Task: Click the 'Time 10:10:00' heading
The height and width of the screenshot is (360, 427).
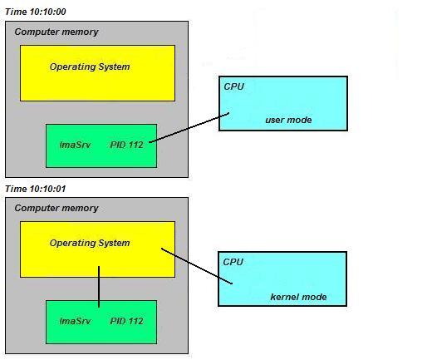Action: click(36, 12)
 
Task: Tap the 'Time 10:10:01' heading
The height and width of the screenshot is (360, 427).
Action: click(36, 189)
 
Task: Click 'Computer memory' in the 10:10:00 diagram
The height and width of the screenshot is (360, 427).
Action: click(56, 32)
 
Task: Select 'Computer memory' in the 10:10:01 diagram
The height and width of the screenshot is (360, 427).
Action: click(56, 208)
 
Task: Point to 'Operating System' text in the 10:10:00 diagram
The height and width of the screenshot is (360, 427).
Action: click(90, 67)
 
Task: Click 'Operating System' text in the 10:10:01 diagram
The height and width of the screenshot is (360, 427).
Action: click(90, 243)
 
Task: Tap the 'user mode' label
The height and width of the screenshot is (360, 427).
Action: click(288, 120)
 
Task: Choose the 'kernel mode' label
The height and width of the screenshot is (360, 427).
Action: click(298, 297)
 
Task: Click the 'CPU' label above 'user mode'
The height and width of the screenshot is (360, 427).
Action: click(234, 86)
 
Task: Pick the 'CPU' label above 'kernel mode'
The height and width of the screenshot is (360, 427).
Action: click(233, 262)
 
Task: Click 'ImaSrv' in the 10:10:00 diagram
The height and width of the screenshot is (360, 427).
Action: click(75, 145)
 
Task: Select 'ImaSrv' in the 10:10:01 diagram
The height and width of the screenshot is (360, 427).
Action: click(75, 321)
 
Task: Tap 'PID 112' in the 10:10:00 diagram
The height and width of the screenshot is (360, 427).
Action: click(127, 145)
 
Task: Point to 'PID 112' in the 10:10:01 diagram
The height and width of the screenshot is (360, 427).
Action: click(127, 321)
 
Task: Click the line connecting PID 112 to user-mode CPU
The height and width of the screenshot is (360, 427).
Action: click(189, 127)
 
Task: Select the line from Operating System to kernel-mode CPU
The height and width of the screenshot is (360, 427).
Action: click(197, 266)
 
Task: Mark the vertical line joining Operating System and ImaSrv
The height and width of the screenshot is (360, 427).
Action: click(99, 287)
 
